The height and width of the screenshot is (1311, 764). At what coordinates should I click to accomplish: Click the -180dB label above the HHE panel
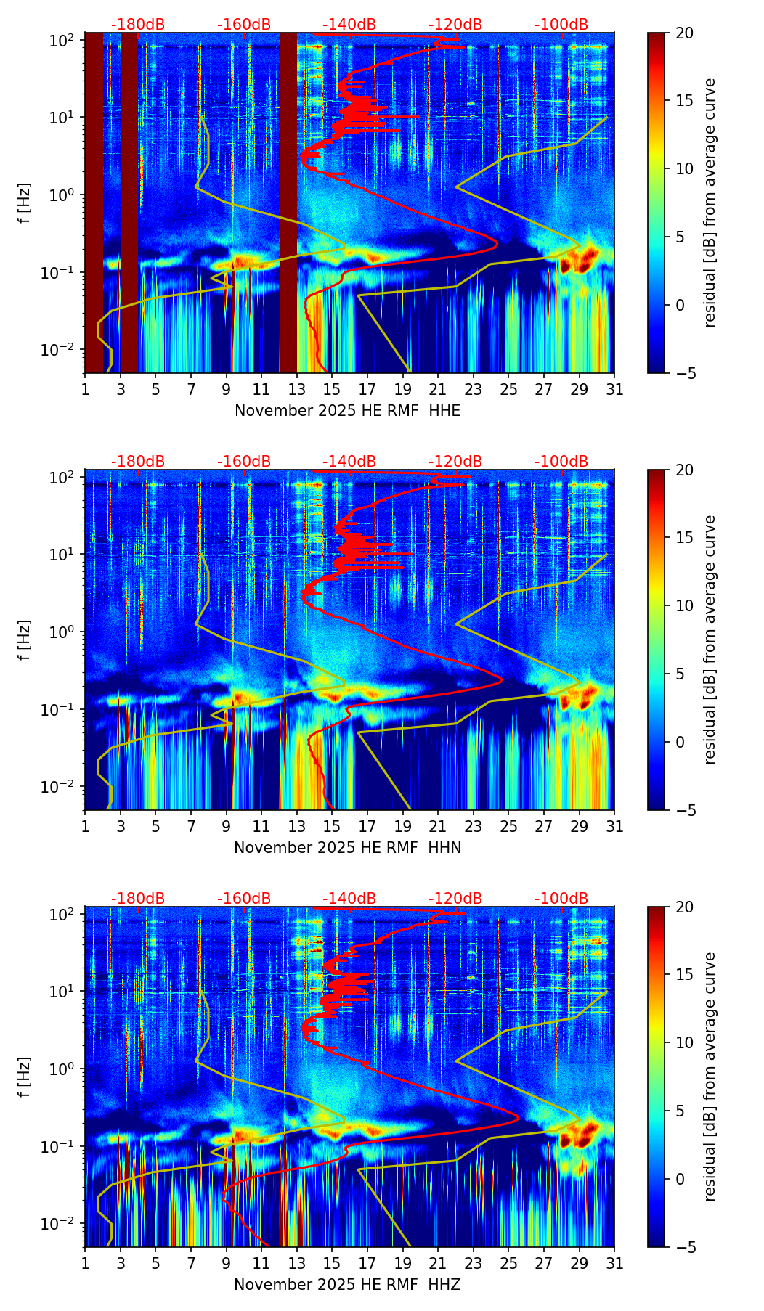click(x=138, y=25)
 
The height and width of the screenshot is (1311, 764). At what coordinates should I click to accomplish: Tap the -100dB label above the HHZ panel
click(x=561, y=899)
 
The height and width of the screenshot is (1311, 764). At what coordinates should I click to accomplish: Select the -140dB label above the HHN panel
click(x=349, y=462)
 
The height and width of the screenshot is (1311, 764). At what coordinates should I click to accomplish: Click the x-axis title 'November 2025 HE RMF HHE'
click(x=347, y=411)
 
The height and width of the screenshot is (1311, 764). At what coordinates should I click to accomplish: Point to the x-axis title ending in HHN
click(x=347, y=848)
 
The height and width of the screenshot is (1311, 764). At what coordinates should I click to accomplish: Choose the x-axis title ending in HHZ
click(x=347, y=1285)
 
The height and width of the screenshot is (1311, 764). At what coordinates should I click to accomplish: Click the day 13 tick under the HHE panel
click(x=296, y=389)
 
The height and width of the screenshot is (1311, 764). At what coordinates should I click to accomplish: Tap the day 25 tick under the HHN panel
click(x=508, y=826)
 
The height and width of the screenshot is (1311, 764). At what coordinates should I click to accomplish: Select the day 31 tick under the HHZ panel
click(x=614, y=1263)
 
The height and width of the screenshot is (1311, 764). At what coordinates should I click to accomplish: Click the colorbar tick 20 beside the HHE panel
click(x=684, y=33)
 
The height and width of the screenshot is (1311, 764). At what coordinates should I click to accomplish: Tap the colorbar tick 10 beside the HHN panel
click(x=684, y=605)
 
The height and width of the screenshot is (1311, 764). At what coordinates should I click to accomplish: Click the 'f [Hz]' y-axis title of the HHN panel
click(x=25, y=640)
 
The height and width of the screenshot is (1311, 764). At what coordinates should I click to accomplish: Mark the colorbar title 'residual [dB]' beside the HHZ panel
click(x=710, y=1077)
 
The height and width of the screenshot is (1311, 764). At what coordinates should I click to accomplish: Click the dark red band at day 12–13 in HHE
click(x=288, y=203)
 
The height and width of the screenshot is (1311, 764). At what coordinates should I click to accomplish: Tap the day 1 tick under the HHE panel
click(x=85, y=389)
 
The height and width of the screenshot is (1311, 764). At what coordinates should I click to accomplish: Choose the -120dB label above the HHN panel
click(x=455, y=462)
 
